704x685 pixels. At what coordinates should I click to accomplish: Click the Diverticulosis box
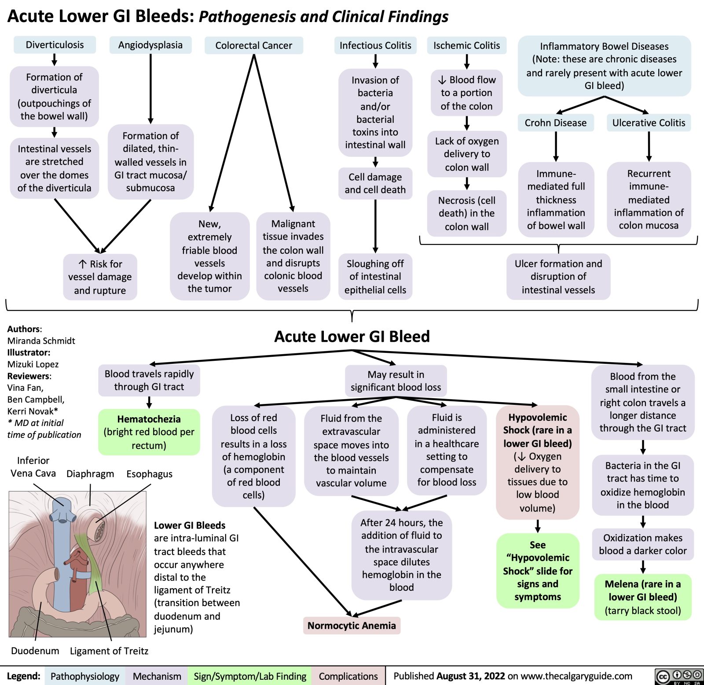tap(55, 45)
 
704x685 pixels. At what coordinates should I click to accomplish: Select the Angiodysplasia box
tap(150, 45)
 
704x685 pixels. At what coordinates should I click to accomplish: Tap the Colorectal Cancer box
tap(253, 45)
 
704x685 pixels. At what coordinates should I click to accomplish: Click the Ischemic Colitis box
tap(466, 45)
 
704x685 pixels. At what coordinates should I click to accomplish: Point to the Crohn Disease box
tap(555, 123)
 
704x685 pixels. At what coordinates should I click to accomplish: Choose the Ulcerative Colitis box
tap(649, 123)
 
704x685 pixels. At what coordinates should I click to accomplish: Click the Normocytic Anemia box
tap(352, 626)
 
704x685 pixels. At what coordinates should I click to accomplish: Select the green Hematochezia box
tap(149, 432)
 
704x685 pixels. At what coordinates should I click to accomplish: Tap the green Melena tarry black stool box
tap(642, 597)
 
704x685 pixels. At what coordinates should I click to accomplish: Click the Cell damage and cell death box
tap(375, 183)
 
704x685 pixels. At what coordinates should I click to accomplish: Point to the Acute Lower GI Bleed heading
tap(352, 337)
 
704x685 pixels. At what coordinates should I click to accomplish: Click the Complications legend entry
tap(348, 676)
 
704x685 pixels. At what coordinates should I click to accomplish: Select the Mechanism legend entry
tap(157, 676)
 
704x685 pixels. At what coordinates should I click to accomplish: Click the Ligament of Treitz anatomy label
tap(109, 651)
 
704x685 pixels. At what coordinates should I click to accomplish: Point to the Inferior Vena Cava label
tap(33, 467)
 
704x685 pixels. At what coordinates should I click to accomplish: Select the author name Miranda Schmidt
tap(41, 341)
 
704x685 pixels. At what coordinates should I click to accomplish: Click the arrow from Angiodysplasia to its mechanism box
tap(150, 88)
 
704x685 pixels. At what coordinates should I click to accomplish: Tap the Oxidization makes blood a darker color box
tap(642, 544)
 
